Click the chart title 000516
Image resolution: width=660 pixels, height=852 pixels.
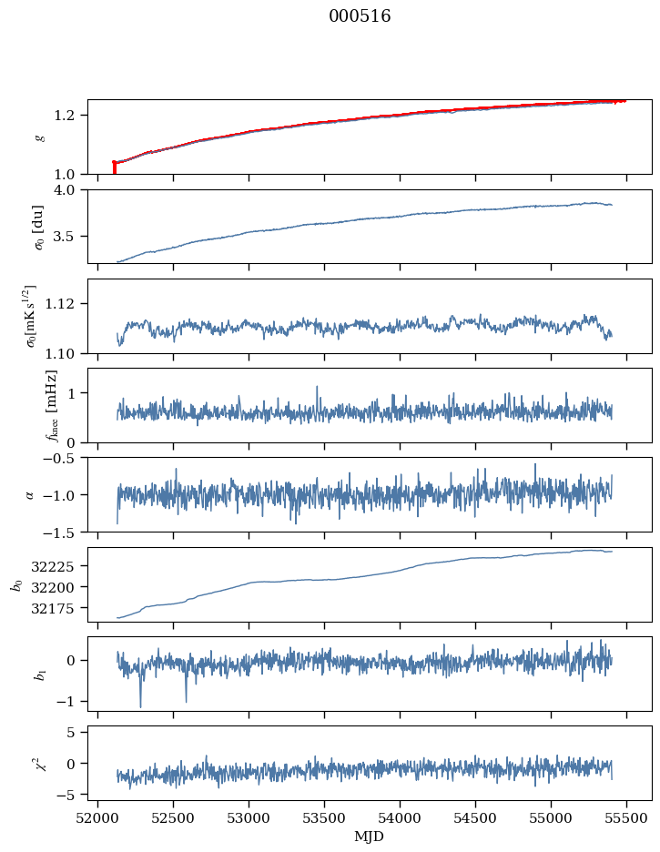click(x=360, y=16)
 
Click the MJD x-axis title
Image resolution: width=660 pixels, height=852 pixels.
click(x=370, y=836)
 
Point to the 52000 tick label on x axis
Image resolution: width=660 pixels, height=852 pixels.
click(x=98, y=817)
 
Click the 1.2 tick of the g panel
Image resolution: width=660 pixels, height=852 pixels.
click(x=72, y=115)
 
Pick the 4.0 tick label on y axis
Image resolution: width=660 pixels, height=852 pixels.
click(x=72, y=190)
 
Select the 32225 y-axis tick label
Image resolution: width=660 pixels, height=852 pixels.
click(x=62, y=566)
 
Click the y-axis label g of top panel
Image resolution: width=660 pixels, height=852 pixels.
click(x=39, y=137)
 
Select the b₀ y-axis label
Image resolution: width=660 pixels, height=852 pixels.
click(x=15, y=584)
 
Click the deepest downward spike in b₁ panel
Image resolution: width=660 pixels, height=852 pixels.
click(x=140, y=706)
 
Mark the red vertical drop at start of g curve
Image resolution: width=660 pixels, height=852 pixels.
click(x=114, y=168)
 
